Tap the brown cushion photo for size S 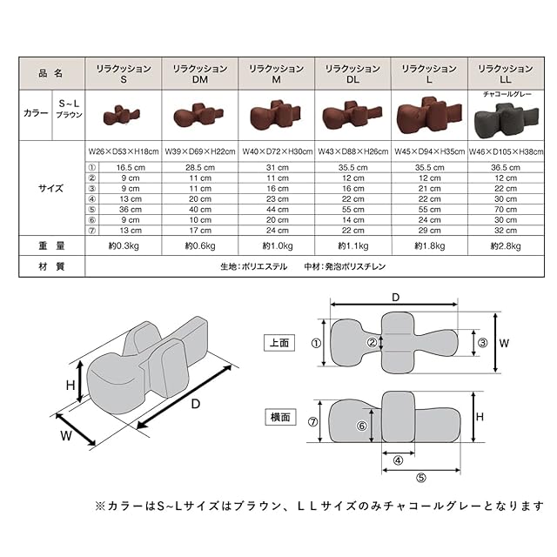coord(123,115)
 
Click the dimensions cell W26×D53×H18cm coord(123,151)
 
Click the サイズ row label coord(52,187)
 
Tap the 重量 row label coord(52,246)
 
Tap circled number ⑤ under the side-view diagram coord(419,477)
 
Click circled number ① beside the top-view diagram coord(316,343)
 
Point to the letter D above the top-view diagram coord(395,299)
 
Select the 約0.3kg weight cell coord(123,246)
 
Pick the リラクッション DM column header coord(200,73)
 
